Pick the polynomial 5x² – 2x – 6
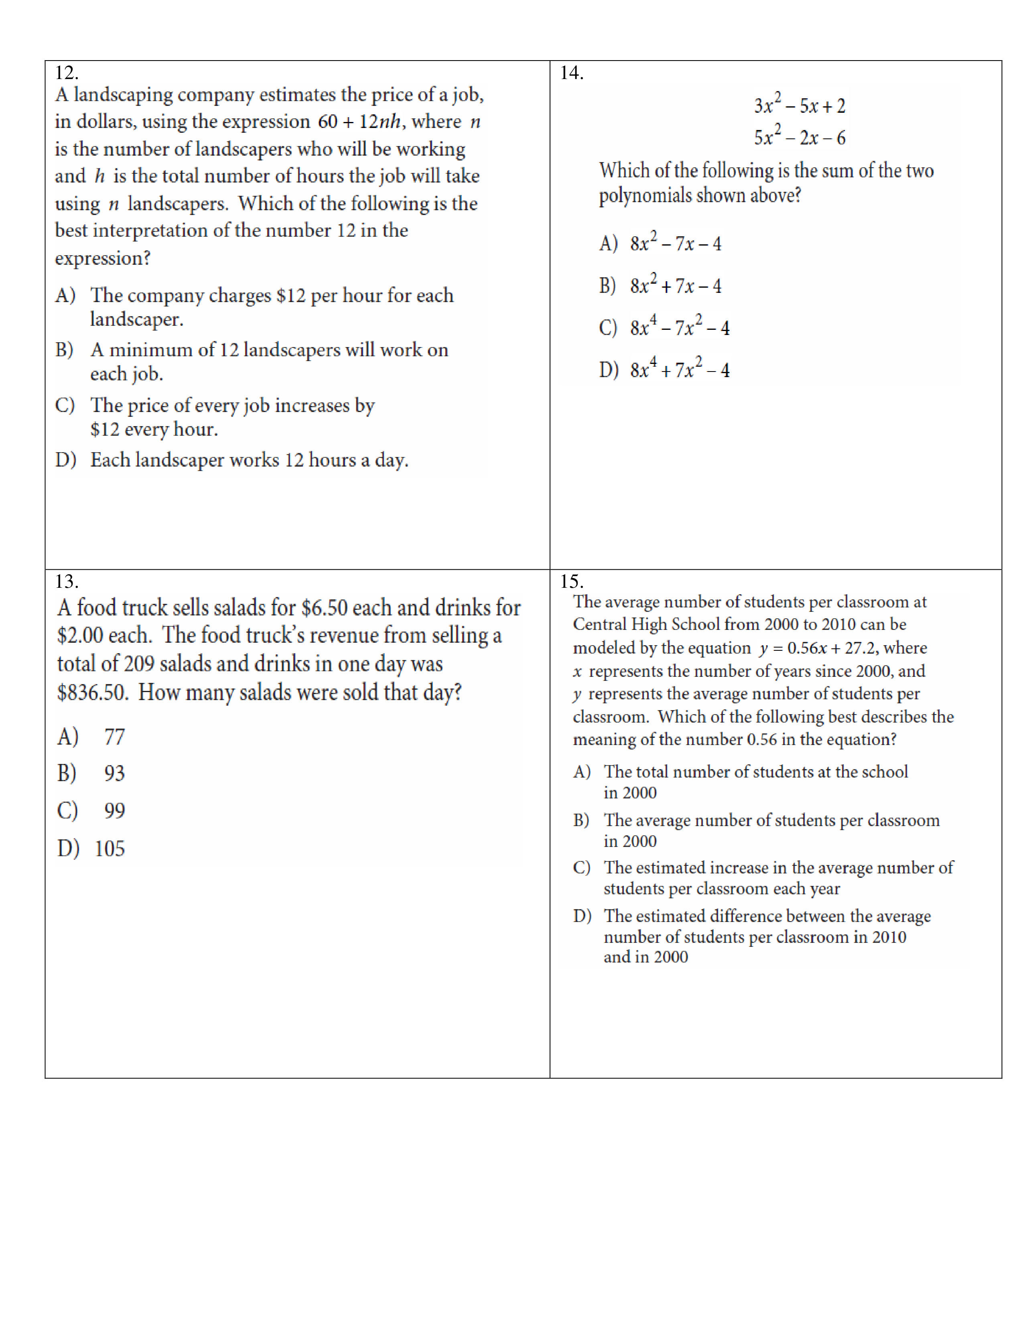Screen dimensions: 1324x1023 coord(799,137)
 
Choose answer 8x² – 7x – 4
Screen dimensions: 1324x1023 coord(675,243)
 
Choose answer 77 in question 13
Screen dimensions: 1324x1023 coord(114,737)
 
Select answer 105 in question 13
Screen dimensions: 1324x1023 coord(109,848)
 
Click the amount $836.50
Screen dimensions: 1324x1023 coord(92,692)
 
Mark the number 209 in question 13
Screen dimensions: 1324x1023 coord(139,664)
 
